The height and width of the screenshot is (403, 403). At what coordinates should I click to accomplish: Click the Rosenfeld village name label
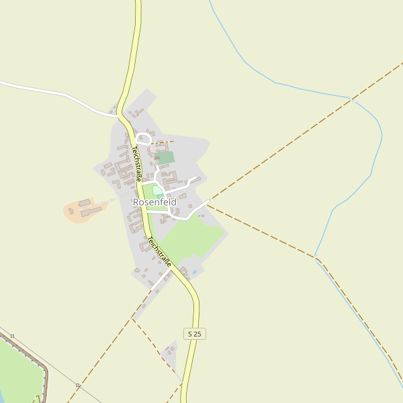[154, 201]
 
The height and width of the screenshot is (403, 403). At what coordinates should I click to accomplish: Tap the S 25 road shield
[194, 334]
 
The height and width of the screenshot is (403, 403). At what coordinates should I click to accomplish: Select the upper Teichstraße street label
[136, 164]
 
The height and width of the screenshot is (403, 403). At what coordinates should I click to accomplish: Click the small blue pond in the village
[194, 272]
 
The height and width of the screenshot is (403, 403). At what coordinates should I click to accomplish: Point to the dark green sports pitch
[165, 158]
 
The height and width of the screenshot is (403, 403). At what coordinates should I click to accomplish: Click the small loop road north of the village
[142, 139]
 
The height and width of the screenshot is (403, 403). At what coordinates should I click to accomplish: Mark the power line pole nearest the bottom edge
[78, 385]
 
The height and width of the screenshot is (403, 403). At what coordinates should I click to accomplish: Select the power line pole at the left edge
[12, 335]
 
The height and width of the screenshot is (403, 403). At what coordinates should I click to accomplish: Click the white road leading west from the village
[60, 93]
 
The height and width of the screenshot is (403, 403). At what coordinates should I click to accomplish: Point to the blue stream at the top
[269, 81]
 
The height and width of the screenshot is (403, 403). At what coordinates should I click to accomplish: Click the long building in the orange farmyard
[93, 212]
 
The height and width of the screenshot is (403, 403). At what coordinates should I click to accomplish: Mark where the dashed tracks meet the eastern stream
[316, 257]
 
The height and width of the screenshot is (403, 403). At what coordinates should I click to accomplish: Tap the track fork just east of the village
[208, 203]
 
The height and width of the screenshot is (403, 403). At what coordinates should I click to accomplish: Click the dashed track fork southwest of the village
[132, 318]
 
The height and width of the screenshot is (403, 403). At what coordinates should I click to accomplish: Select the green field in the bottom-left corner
[17, 369]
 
